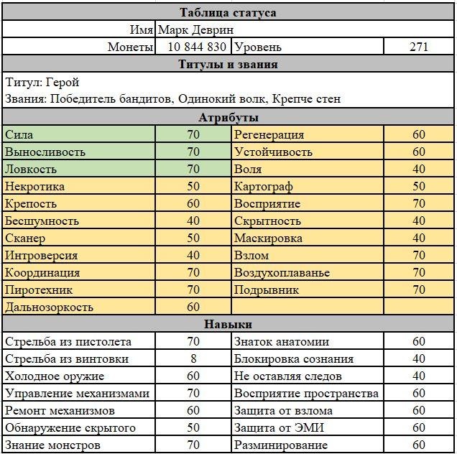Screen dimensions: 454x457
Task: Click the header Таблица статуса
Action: click(x=228, y=12)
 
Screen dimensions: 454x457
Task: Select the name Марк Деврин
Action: click(x=195, y=29)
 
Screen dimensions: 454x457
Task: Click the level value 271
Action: click(x=418, y=47)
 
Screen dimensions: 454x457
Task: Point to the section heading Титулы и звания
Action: click(x=228, y=65)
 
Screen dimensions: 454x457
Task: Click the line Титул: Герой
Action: click(x=42, y=82)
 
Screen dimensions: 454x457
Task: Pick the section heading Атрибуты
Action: click(x=228, y=117)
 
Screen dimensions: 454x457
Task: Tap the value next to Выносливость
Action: click(x=193, y=152)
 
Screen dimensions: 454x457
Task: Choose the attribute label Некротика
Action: click(x=34, y=187)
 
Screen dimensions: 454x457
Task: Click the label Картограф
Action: click(x=263, y=187)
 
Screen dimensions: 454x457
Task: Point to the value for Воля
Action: click(x=418, y=170)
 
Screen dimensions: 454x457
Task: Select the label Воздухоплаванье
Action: click(x=282, y=273)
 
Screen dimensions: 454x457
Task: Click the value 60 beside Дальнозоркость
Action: click(x=193, y=307)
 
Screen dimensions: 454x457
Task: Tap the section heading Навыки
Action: click(x=228, y=325)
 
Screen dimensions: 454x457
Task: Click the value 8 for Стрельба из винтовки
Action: click(x=193, y=359)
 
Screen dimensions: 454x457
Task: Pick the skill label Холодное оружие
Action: click(x=55, y=376)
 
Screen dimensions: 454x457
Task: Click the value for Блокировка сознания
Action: click(x=418, y=359)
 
